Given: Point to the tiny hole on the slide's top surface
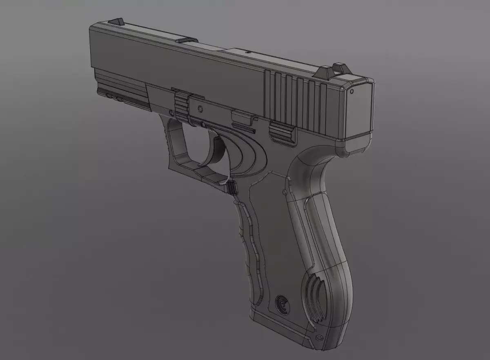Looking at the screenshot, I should point(248,53).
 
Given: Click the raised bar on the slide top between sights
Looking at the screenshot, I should point(186,40).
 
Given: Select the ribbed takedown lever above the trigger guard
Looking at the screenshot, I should point(181,105).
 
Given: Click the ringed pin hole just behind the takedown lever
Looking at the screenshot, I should point(200,109).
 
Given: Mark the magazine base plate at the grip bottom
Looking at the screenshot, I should point(282,327).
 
